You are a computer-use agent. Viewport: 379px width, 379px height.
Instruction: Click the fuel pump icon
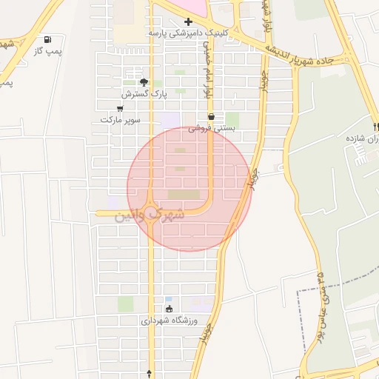[48, 39]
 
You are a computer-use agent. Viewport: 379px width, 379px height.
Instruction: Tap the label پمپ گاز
[47, 50]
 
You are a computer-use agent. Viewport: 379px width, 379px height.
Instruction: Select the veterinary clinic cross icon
[188, 21]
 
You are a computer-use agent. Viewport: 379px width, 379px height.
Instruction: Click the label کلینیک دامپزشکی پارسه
[188, 33]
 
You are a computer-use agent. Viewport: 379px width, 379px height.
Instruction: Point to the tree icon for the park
[144, 82]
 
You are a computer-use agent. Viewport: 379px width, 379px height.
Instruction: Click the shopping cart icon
[120, 108]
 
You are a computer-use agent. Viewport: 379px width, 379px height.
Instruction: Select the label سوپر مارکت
[120, 119]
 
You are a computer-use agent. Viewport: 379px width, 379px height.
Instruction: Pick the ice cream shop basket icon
[212, 116]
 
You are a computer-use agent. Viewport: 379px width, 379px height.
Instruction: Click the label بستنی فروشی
[212, 128]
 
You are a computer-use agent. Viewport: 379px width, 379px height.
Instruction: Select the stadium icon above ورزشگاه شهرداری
[170, 309]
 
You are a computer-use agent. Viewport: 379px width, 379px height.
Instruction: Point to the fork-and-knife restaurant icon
[376, 127]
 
